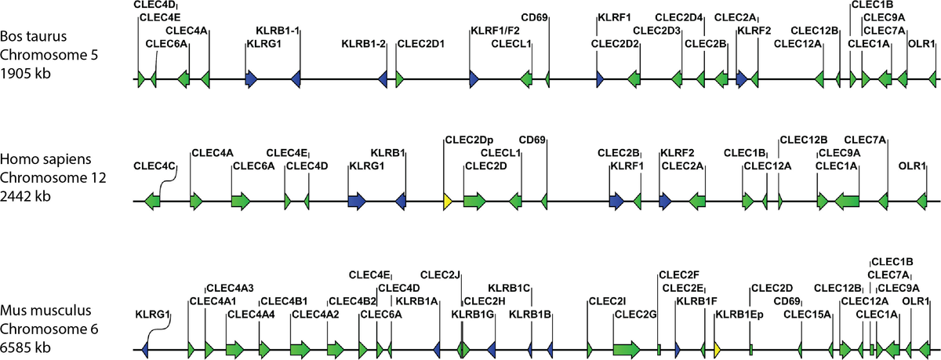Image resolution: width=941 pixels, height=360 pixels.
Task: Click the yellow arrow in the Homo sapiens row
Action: [448, 202]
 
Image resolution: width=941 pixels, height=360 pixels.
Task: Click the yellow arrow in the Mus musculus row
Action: [718, 350]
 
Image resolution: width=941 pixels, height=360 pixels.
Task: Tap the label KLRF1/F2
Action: [495, 31]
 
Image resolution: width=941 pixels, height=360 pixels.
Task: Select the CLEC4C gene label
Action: [154, 166]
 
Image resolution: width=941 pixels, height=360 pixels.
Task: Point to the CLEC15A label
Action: [807, 315]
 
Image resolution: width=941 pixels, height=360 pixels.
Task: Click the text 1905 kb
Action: [25, 73]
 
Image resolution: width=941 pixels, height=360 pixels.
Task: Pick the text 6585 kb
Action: [25, 347]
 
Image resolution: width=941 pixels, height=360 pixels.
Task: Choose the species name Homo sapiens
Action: [45, 159]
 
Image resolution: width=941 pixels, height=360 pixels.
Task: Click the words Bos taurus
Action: [33, 36]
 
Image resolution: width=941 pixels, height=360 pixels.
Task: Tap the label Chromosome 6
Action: [49, 329]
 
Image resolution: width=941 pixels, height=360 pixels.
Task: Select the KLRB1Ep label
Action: [739, 315]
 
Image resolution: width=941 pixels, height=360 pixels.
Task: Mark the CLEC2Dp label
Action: [469, 140]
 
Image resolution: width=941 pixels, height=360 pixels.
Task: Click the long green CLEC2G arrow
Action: [627, 350]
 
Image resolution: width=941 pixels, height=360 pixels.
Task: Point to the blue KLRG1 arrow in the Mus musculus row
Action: [145, 350]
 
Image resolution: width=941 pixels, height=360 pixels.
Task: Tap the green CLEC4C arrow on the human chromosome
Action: [152, 202]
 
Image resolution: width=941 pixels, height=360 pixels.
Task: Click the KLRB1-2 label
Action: [363, 44]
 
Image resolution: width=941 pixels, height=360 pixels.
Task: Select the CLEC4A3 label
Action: [231, 288]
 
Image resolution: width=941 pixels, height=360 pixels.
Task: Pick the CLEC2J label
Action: [440, 275]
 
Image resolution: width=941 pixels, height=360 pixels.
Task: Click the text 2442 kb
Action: [25, 196]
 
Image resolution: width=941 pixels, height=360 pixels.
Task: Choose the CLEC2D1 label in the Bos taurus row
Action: [421, 44]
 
